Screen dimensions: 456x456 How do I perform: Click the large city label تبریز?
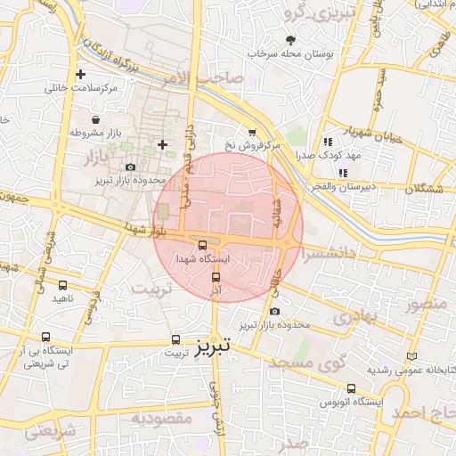tap(213, 344)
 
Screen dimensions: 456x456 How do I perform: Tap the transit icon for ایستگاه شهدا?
tap(202, 245)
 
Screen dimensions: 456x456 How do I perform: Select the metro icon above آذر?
tap(215, 276)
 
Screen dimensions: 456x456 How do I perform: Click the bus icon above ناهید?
tap(61, 285)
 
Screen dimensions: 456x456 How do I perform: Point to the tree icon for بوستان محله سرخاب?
tap(291, 40)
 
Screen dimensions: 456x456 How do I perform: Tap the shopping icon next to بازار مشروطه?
tap(95, 119)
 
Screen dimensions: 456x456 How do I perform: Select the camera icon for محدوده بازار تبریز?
tap(131, 167)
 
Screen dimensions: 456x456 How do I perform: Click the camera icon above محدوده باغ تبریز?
tap(274, 311)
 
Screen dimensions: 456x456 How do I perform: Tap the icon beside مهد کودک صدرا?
tap(329, 141)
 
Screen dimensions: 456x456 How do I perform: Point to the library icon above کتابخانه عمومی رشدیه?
tap(411, 355)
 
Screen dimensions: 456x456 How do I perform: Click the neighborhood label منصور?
tap(424, 305)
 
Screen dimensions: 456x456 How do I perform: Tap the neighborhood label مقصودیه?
tap(162, 417)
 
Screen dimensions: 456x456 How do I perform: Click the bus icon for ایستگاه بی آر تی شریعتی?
tap(46, 337)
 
